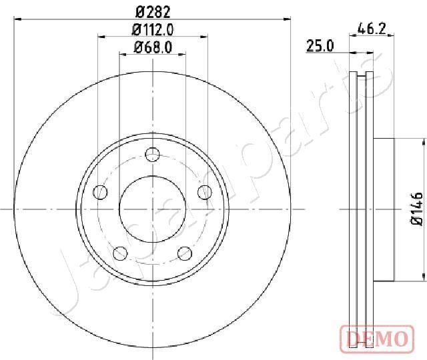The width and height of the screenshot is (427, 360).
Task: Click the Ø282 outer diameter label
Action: tap(153, 12)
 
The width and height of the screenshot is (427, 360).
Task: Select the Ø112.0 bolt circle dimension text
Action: tap(153, 29)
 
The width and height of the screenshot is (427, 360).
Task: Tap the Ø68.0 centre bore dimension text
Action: tap(153, 47)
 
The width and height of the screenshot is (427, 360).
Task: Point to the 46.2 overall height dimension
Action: tap(372, 29)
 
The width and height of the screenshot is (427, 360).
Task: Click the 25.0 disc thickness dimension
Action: tap(320, 46)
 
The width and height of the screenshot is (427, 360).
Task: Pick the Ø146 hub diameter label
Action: tap(416, 209)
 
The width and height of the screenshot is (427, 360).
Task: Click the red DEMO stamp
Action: tap(377, 339)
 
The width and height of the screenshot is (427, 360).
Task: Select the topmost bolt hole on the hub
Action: tap(153, 155)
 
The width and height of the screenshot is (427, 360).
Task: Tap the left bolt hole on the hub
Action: tap(100, 193)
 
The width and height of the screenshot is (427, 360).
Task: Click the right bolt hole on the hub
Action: tap(205, 193)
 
